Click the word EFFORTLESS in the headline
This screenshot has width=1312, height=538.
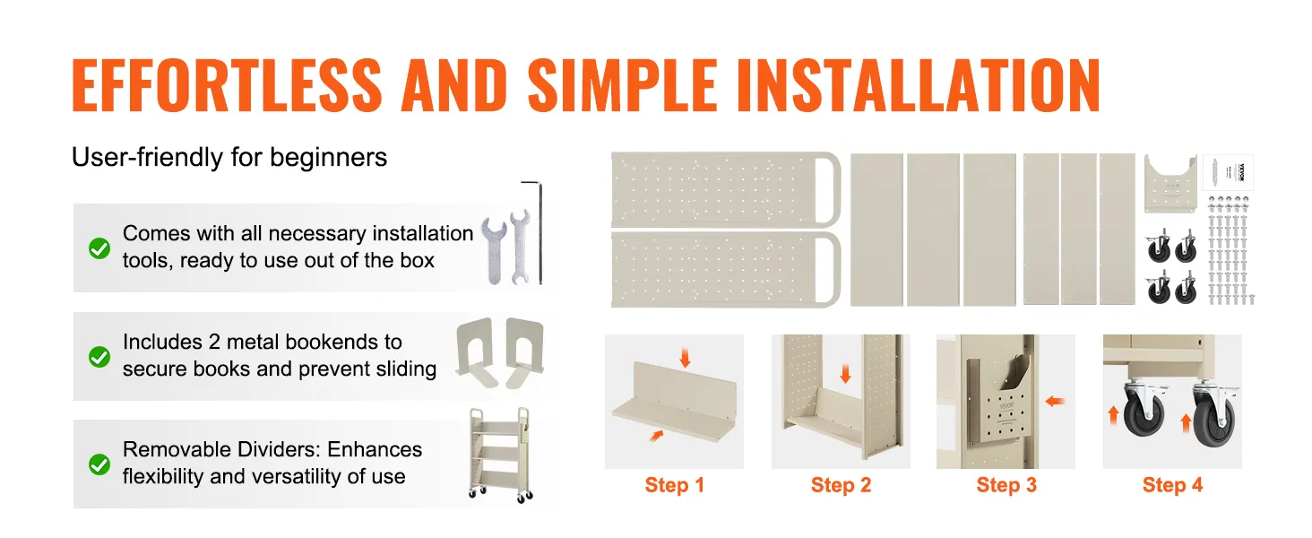pyautogui.click(x=227, y=85)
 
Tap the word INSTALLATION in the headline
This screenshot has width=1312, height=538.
pyautogui.click(x=918, y=85)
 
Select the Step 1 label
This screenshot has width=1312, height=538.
pyautogui.click(x=674, y=485)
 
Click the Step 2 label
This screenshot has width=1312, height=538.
pyautogui.click(x=842, y=485)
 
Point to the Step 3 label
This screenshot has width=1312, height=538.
pyautogui.click(x=1006, y=485)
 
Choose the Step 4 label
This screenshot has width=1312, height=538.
pyautogui.click(x=1172, y=485)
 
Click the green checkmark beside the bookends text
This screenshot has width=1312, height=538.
pyautogui.click(x=99, y=356)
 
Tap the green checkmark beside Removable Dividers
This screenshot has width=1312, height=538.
pyautogui.click(x=99, y=464)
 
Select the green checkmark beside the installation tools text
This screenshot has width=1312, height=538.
pyautogui.click(x=99, y=248)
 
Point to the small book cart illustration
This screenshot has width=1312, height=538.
pyautogui.click(x=501, y=455)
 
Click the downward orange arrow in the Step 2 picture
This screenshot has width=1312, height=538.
pyautogui.click(x=845, y=373)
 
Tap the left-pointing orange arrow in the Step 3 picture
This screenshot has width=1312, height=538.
pyautogui.click(x=1055, y=402)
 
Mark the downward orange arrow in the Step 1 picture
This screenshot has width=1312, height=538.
pyautogui.click(x=685, y=358)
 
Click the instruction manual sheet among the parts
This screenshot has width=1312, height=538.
pyautogui.click(x=1229, y=172)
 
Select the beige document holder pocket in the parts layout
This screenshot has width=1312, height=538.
pyautogui.click(x=1170, y=184)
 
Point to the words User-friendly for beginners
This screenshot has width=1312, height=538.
pyautogui.click(x=229, y=157)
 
